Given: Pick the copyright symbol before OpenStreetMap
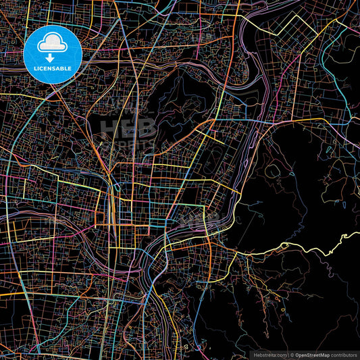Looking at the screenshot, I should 292,354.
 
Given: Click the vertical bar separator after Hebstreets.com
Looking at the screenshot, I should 287,354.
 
